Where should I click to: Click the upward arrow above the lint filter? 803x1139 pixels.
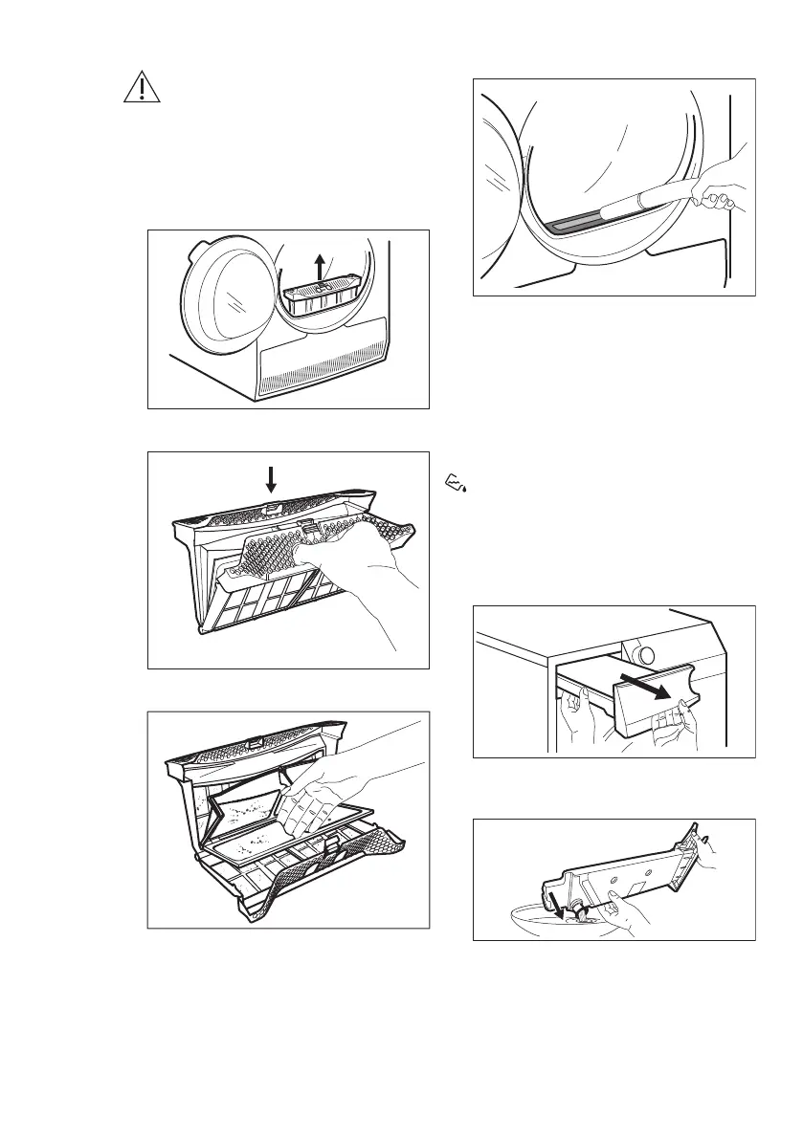[x=320, y=267]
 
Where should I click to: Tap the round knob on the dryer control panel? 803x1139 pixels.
[x=646, y=656]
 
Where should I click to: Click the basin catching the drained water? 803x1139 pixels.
[x=536, y=920]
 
